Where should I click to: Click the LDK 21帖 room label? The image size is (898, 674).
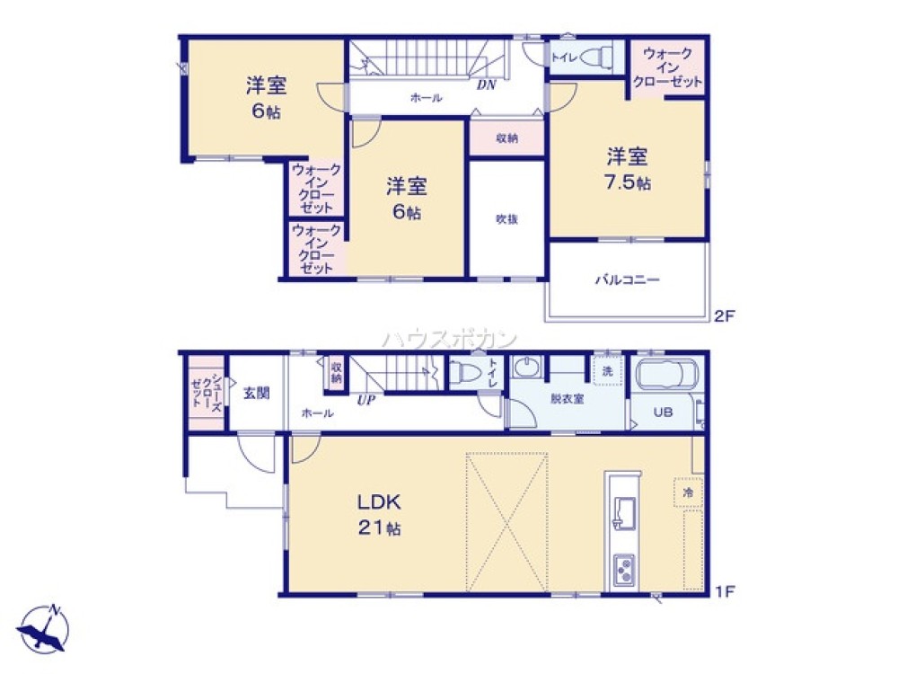click(379, 514)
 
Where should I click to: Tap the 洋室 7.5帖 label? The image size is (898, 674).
click(628, 169)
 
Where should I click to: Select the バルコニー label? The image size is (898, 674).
click(628, 279)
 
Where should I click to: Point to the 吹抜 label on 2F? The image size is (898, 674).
click(506, 219)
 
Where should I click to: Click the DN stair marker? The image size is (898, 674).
click(486, 85)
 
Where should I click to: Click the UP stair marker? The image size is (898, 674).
click(366, 400)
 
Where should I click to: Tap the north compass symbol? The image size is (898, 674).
click(44, 628)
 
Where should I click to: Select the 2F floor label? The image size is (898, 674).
click(724, 315)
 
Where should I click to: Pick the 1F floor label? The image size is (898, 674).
click(725, 591)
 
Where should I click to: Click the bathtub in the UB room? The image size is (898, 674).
click(666, 376)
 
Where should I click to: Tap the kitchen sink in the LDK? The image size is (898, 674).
click(624, 513)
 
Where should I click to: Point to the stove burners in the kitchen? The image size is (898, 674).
click(624, 570)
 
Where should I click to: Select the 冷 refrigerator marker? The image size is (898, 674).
click(688, 492)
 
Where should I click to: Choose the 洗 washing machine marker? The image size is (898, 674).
click(607, 371)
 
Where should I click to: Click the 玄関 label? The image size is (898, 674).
click(256, 394)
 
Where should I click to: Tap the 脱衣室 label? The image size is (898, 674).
click(567, 399)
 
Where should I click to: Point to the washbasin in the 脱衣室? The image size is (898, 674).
click(525, 367)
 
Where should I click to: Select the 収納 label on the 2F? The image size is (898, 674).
click(506, 138)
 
